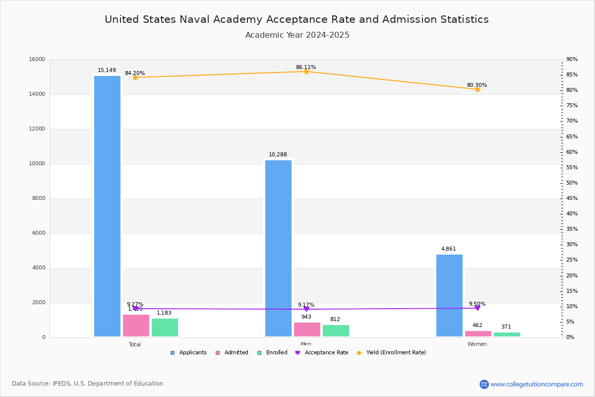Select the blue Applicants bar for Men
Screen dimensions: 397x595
278,248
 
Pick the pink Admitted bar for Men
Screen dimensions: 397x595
307,330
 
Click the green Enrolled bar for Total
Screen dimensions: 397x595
165,328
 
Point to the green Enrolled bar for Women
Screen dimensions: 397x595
507,334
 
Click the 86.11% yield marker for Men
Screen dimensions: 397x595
306,71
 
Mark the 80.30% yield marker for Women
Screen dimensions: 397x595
477,89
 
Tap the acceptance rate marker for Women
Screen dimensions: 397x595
477,308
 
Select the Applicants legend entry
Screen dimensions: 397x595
188,353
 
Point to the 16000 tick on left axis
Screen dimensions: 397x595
37,60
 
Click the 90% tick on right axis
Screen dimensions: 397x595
572,60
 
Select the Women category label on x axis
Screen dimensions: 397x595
477,344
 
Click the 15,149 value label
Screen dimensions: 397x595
107,70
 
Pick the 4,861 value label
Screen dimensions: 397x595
449,249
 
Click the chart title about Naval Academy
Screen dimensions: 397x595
297,19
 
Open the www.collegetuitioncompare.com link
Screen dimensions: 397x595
536,384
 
